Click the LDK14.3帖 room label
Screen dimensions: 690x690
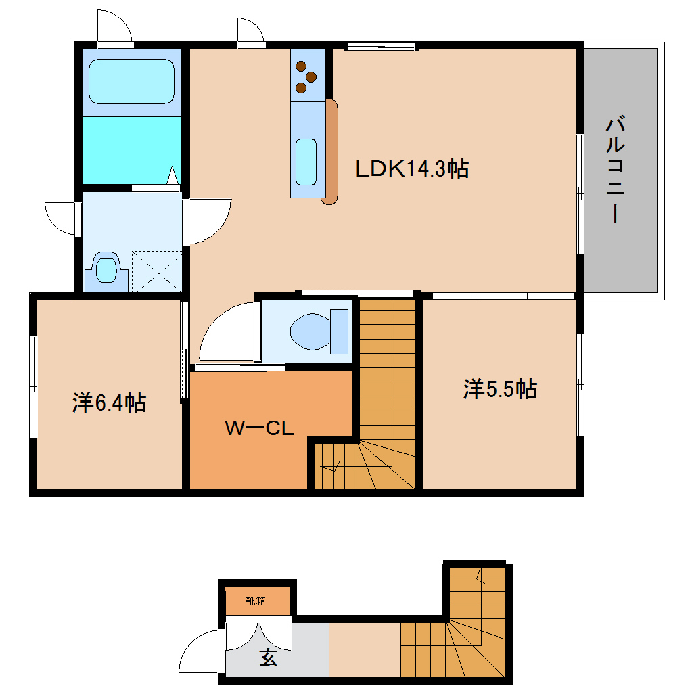coord(412,168)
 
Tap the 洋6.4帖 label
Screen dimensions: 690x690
coord(109,402)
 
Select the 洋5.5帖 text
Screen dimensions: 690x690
coord(500,388)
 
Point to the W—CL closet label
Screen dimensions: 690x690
coord(259,428)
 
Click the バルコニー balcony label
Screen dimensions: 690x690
coord(616,169)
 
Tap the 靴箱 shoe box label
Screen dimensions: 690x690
coord(256,601)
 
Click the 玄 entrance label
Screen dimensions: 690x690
coord(268,658)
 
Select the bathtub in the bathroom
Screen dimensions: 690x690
coord(132,82)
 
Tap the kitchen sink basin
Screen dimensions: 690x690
coord(306,162)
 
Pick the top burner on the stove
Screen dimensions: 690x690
coord(301,66)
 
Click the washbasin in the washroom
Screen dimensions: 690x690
coord(106,270)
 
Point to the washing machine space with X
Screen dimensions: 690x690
coord(157,271)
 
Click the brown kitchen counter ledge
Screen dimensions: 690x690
coord(331,152)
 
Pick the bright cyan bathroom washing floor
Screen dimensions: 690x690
coord(132,150)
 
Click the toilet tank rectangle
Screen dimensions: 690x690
coord(340,331)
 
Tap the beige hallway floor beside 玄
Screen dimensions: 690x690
coord(365,650)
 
